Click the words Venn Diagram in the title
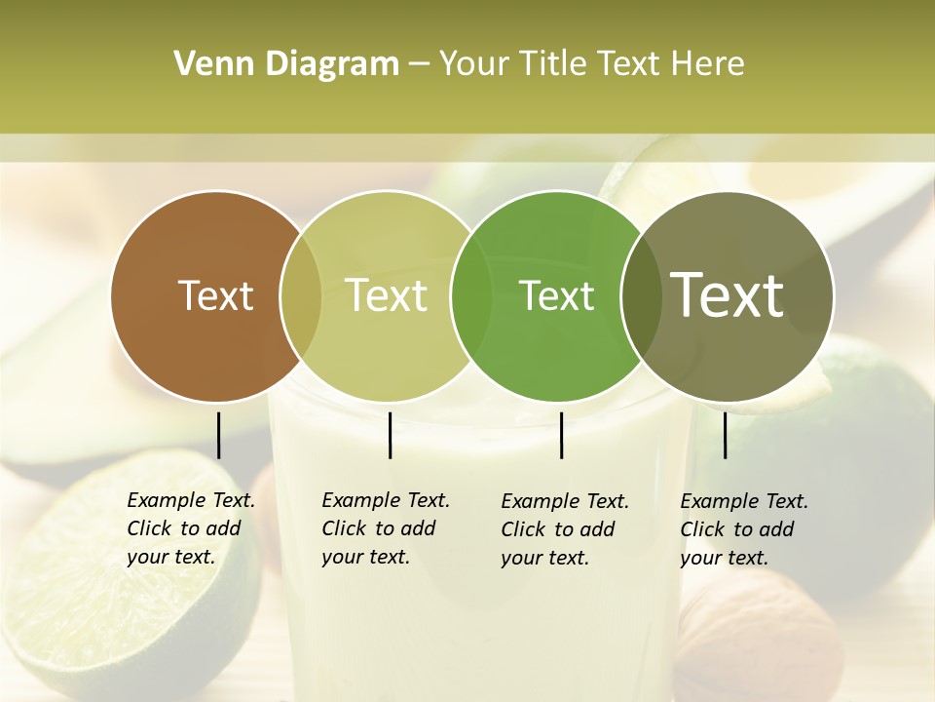pos(286,64)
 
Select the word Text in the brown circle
pos(215,295)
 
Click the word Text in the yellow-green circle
pos(386,295)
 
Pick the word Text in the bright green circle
pos(556,295)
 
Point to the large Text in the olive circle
pos(728,295)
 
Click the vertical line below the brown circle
pos(218,435)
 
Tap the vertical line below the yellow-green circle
pos(390,435)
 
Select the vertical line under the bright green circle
pos(561,435)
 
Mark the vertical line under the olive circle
pos(725,435)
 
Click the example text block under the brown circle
pos(191,528)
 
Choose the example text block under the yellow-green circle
pos(386,528)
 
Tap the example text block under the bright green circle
pos(565,529)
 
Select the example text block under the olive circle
pos(744,529)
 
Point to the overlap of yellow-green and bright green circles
pos(470,296)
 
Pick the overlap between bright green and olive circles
pos(640,296)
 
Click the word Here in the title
pos(708,64)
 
